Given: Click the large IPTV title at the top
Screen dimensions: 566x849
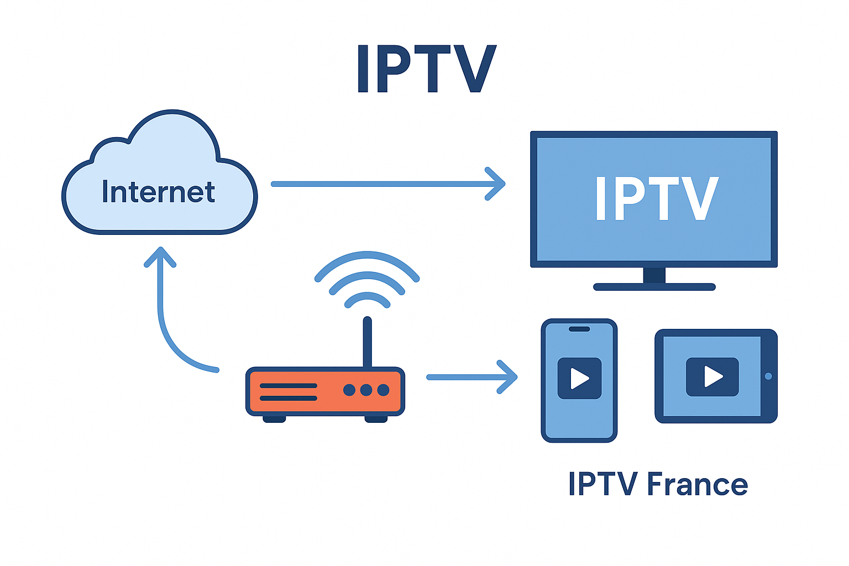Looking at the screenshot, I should coord(426,69).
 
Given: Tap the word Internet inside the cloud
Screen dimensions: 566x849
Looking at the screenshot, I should coord(158,192).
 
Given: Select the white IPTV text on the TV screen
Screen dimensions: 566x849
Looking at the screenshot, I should coord(656,198).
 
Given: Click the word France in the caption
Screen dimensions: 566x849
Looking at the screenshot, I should coord(697,484).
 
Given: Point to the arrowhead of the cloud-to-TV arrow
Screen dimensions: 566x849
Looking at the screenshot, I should coord(496,184).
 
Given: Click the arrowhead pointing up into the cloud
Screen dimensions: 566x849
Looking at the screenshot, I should coord(160,257).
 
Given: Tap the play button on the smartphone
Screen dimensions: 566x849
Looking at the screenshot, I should coord(579,379).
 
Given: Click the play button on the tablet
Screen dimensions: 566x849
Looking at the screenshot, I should coord(712,377).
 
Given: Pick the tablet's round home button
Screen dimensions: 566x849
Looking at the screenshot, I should coord(768,376).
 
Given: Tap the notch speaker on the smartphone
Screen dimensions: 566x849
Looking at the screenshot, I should coord(579,329).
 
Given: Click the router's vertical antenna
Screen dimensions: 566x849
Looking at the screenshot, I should coord(367,343).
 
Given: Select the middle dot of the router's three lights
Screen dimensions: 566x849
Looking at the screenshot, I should coord(366,390).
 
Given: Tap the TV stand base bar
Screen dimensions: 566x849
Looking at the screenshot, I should coord(654,287).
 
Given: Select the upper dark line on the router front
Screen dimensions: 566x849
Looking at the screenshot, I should coord(288,386).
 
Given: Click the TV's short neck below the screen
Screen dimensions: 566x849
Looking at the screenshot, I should coord(654,275).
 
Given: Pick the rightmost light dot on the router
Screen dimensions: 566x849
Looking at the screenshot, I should coord(383,390).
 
